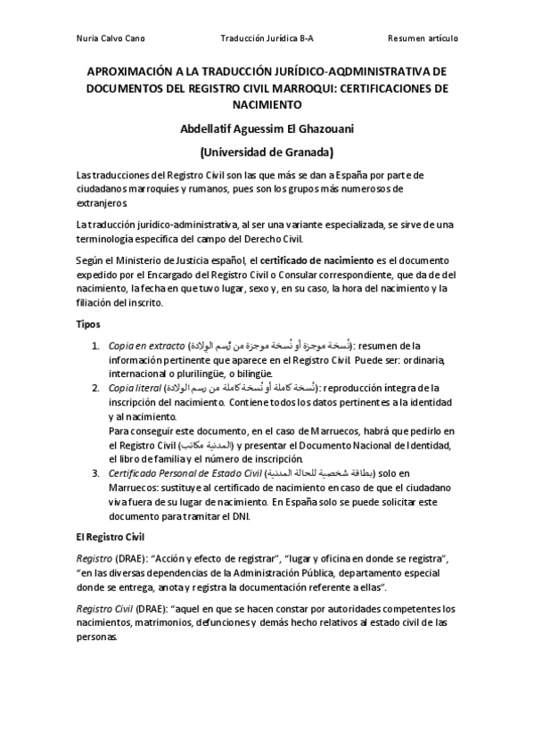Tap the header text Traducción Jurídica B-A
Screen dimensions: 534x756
267,38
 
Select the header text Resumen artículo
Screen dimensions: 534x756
423,38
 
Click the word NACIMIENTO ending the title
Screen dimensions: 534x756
267,104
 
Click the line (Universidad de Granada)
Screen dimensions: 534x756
267,152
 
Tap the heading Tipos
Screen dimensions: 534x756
88,324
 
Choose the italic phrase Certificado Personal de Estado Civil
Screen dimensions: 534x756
185,472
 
